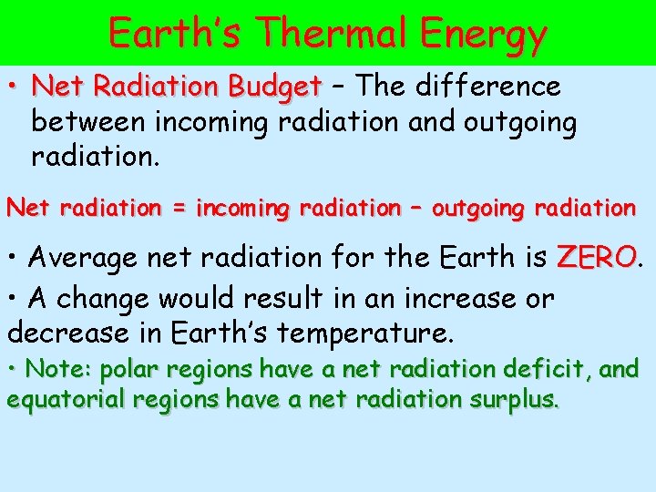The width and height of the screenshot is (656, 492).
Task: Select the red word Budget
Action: (274, 87)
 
